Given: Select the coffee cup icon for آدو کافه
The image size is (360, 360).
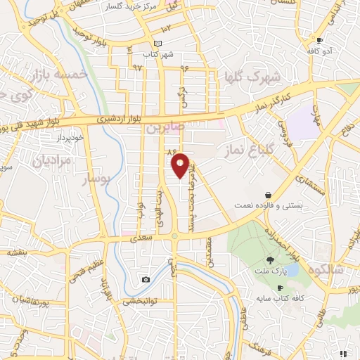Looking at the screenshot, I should pos(320,41).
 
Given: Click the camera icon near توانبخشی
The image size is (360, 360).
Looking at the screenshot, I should pos(146,280).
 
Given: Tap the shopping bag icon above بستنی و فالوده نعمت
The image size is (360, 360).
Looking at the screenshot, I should pos(269,195).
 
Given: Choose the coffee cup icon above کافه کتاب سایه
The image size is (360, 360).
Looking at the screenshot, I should pos(280,288).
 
